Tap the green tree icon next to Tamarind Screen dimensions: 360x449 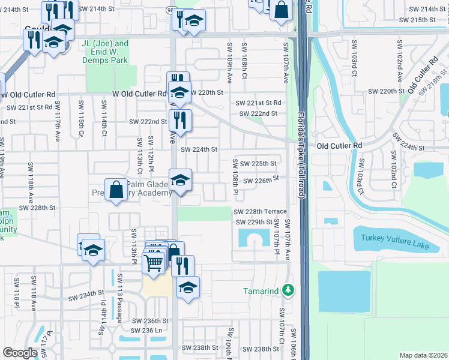[289, 290]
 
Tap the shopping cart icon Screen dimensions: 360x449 [154, 262]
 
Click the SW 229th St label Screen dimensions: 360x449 [254, 222]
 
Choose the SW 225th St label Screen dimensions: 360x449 [258, 163]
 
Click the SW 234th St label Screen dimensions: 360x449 [86, 297]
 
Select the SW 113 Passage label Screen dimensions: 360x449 [119, 290]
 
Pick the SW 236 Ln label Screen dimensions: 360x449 [147, 331]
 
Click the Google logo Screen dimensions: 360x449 [20, 353]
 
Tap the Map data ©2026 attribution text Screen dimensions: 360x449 [423, 355]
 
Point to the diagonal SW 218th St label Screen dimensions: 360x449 [433, 83]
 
